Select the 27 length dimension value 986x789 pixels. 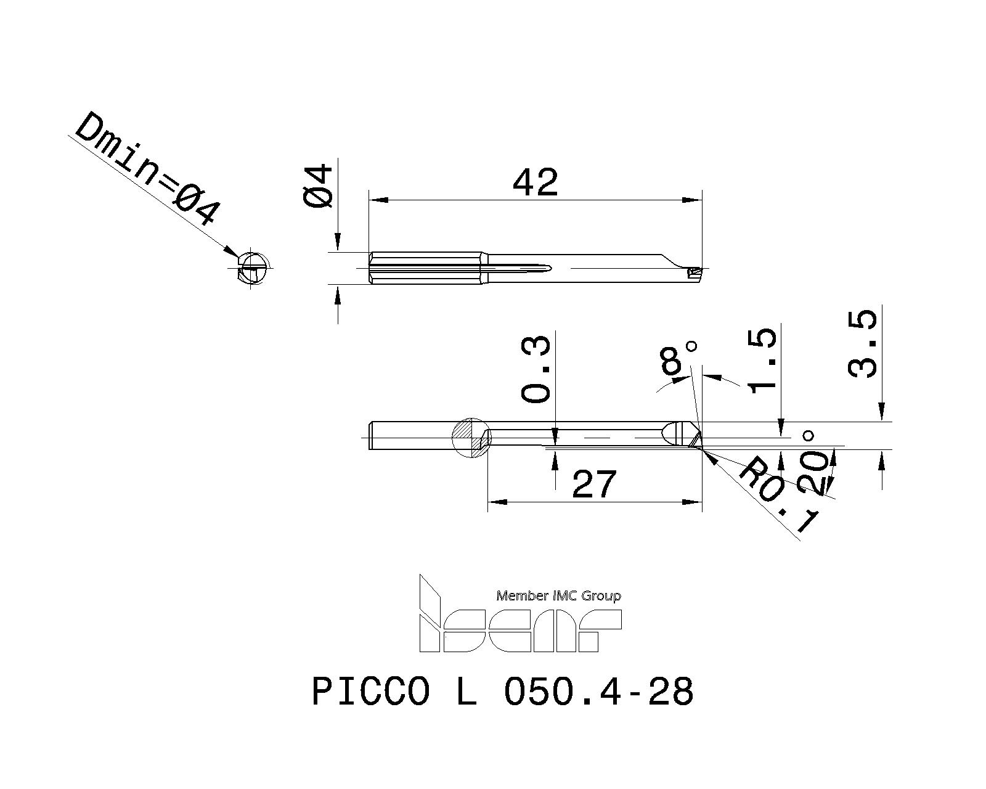pyautogui.click(x=594, y=484)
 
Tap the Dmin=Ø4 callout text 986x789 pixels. pyautogui.click(x=147, y=168)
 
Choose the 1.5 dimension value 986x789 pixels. pyautogui.click(x=762, y=361)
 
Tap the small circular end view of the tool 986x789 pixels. pyautogui.click(x=253, y=269)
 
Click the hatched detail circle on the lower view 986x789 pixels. pyautogui.click(x=473, y=438)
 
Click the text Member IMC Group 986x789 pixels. pyautogui.click(x=558, y=595)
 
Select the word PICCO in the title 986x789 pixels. pyautogui.click(x=370, y=692)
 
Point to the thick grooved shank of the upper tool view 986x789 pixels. pyautogui.click(x=425, y=268)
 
